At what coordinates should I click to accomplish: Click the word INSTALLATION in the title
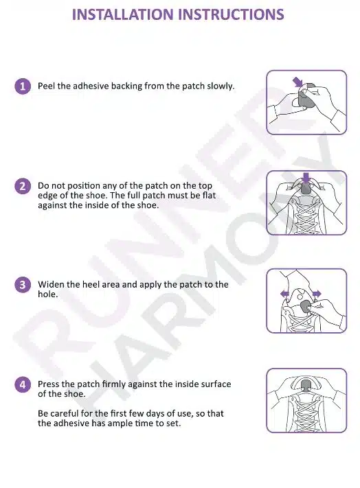[x=123, y=14]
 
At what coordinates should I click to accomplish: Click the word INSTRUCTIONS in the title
[x=231, y=14]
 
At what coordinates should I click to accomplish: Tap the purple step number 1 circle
[x=23, y=86]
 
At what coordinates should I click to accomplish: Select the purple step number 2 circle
[x=23, y=186]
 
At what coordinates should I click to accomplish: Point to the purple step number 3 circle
[x=23, y=285]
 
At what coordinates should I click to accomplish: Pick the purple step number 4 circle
[x=23, y=384]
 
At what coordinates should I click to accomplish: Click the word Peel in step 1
[x=47, y=86]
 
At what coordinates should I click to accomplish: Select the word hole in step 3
[x=47, y=294]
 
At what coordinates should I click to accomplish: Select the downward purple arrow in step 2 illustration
[x=306, y=178]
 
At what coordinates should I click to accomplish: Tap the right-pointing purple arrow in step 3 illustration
[x=317, y=294]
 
